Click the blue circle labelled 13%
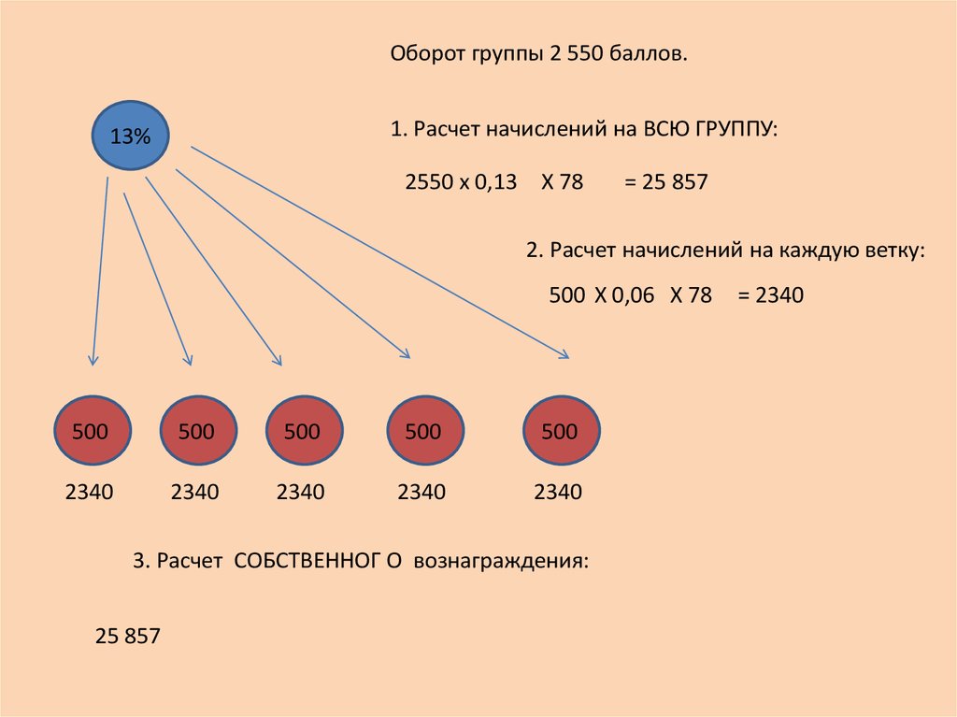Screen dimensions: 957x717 point(130,136)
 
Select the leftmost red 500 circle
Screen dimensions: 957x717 point(93,431)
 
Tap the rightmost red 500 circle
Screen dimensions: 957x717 point(562,431)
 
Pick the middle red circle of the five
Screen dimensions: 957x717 point(304,431)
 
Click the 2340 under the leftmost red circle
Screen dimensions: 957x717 point(89,492)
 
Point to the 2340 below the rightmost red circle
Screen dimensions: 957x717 point(558,492)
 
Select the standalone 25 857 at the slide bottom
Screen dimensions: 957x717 point(127,636)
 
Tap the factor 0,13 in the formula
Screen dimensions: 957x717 point(495,182)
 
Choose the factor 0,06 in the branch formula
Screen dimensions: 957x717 point(633,295)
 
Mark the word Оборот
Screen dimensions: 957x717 point(428,53)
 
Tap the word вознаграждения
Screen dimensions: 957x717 point(501,561)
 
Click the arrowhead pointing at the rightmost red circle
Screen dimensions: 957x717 point(564,354)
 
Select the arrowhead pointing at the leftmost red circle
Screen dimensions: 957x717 point(93,360)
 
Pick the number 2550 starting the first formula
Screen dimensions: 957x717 point(429,182)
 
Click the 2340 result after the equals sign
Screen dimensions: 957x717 point(779,295)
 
